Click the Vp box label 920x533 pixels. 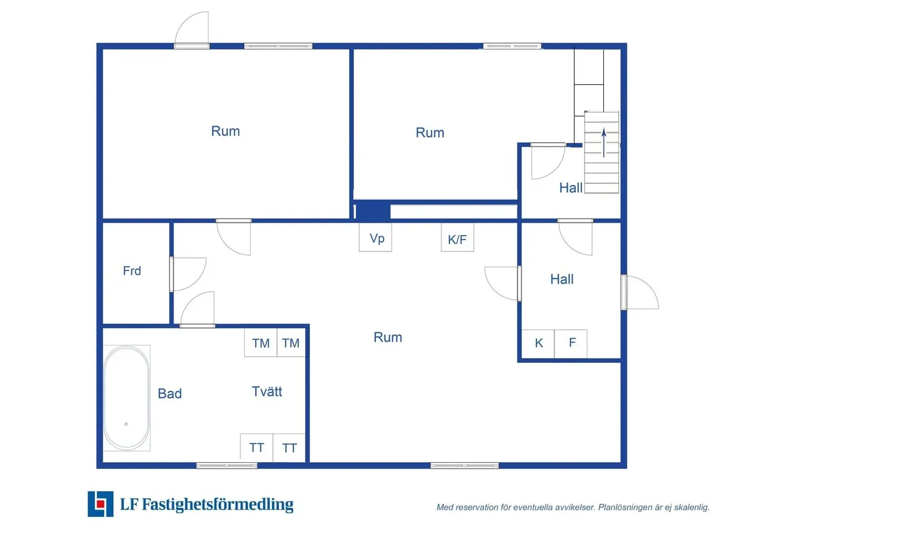(x=376, y=238)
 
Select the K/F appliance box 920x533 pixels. (x=457, y=237)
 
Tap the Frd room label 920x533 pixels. (x=132, y=270)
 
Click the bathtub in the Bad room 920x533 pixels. (x=127, y=398)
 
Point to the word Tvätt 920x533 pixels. (x=267, y=391)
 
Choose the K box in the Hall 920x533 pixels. (x=538, y=343)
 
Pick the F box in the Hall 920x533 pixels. (x=571, y=343)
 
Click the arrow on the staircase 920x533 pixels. (x=604, y=143)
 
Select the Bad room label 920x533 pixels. (x=170, y=394)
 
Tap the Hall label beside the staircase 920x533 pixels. (x=571, y=188)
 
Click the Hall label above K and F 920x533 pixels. (x=562, y=279)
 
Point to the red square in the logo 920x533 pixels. (x=100, y=503)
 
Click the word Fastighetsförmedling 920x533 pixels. (x=217, y=505)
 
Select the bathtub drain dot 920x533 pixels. (x=126, y=424)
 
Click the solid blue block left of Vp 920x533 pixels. (x=372, y=211)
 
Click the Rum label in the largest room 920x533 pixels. (x=388, y=337)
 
